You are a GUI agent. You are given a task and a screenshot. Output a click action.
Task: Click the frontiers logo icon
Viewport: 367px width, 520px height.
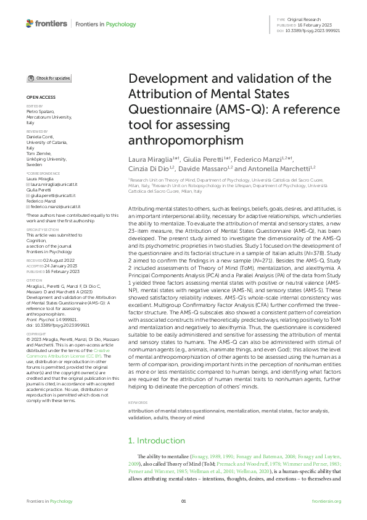pyautogui.click(x=30, y=23)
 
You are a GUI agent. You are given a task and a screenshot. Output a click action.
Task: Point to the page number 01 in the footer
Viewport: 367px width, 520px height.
pyautogui.click(x=183, y=501)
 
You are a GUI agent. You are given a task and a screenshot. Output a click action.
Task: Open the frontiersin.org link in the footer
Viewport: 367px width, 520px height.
pyautogui.click(x=326, y=501)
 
